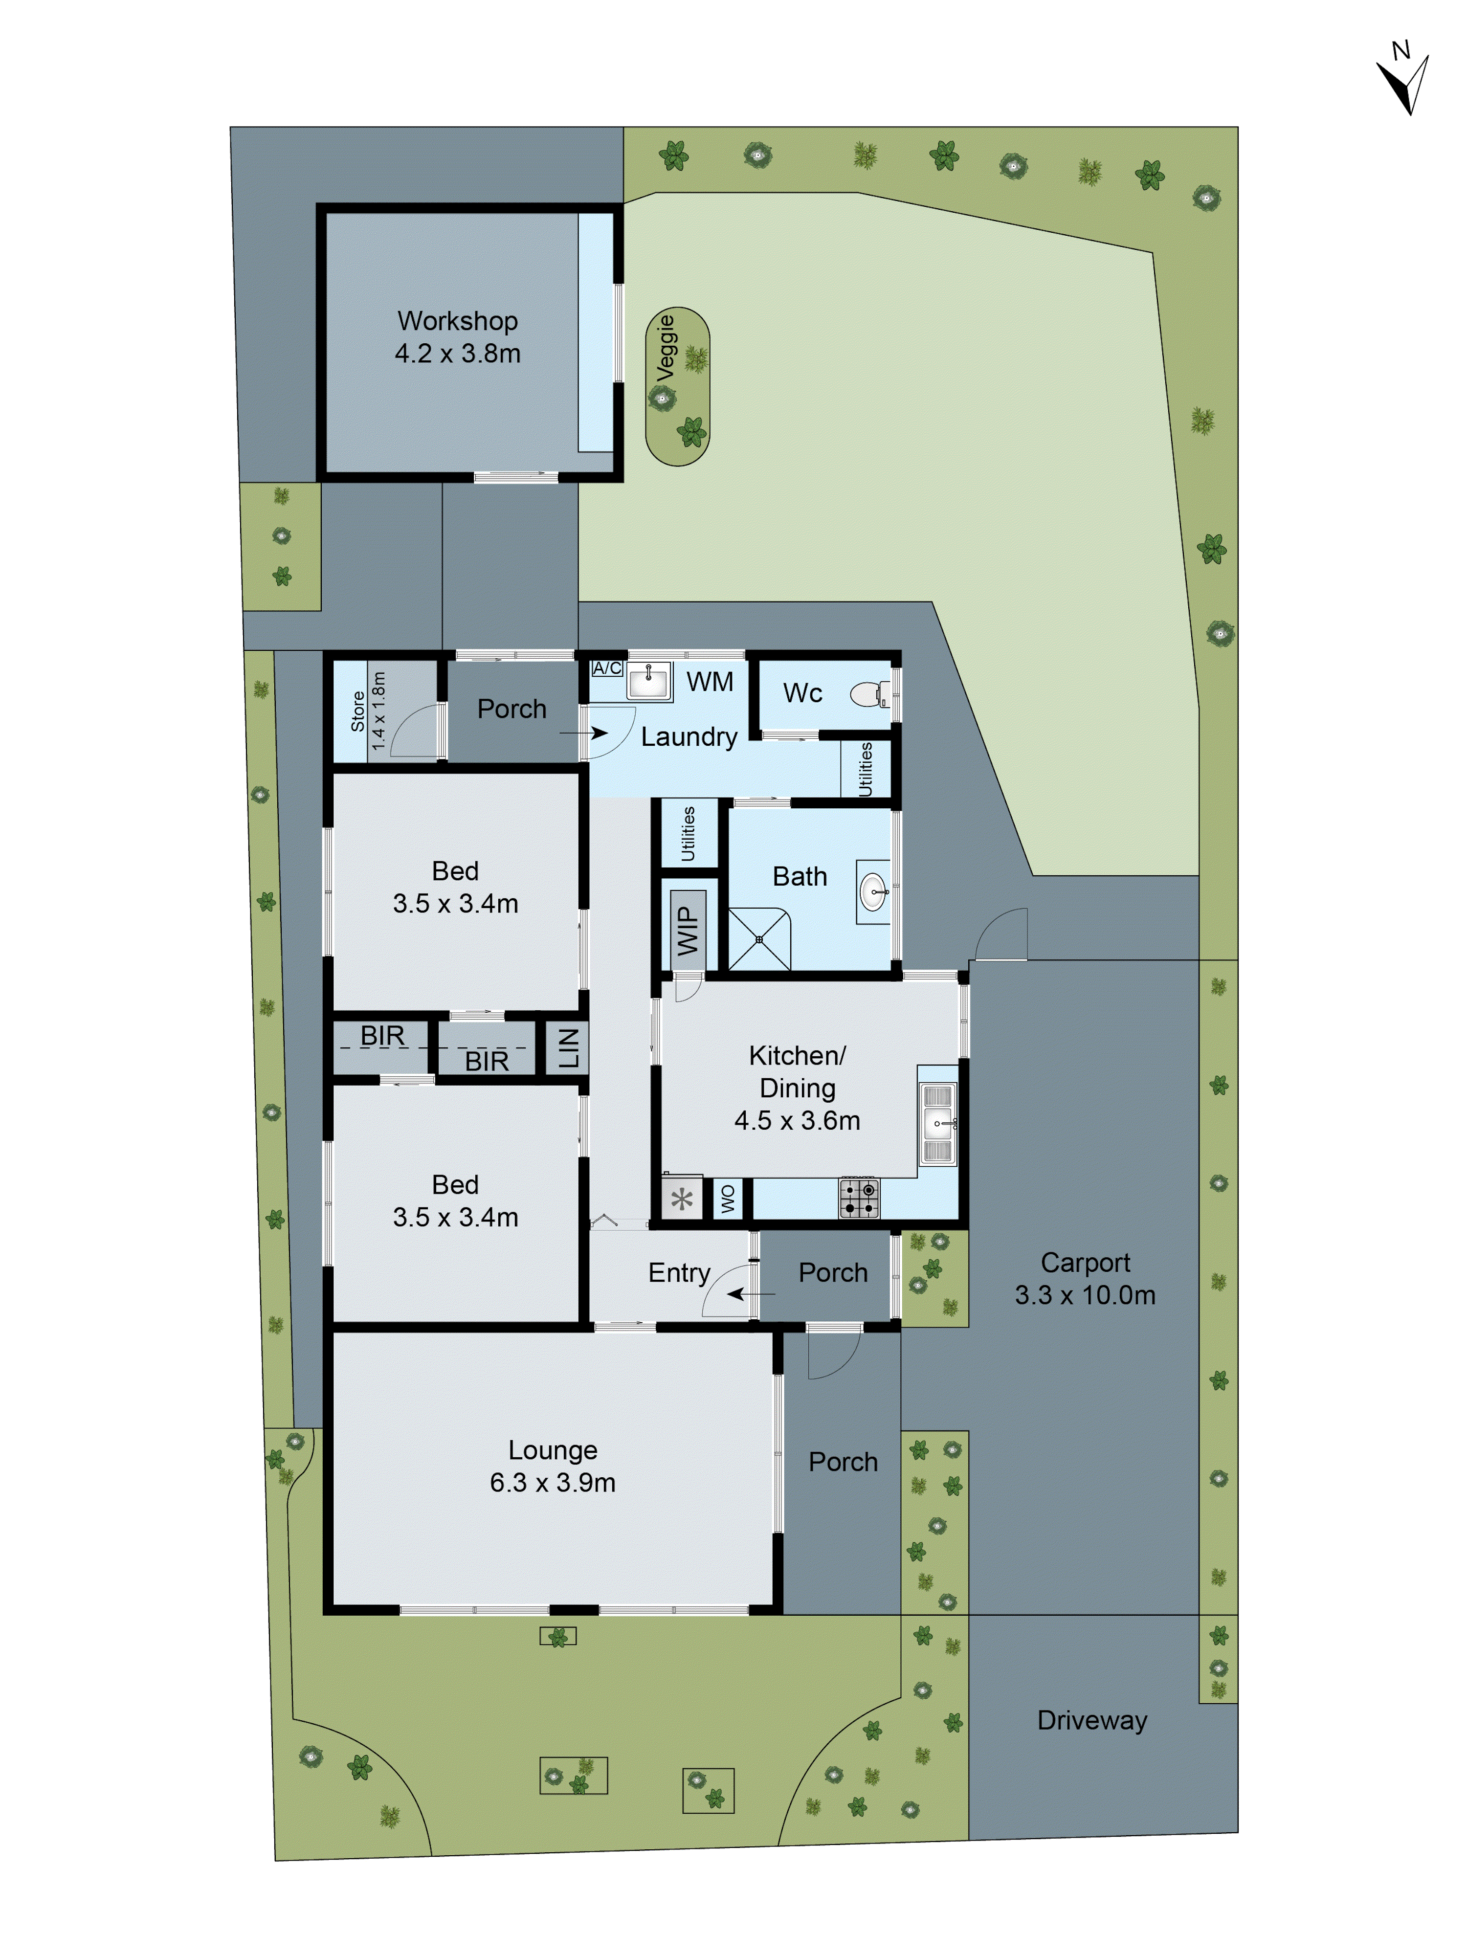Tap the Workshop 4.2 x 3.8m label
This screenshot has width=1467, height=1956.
click(457, 337)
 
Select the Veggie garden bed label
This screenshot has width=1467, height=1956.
click(666, 348)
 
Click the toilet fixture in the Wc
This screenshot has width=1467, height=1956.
click(870, 694)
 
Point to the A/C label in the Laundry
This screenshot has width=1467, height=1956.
click(607, 668)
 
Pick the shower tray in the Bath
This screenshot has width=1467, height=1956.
click(759, 939)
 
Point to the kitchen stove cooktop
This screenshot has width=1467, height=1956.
click(859, 1198)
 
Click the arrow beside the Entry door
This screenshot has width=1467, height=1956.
click(750, 1294)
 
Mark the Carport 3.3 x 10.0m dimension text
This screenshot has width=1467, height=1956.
click(1085, 1295)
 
